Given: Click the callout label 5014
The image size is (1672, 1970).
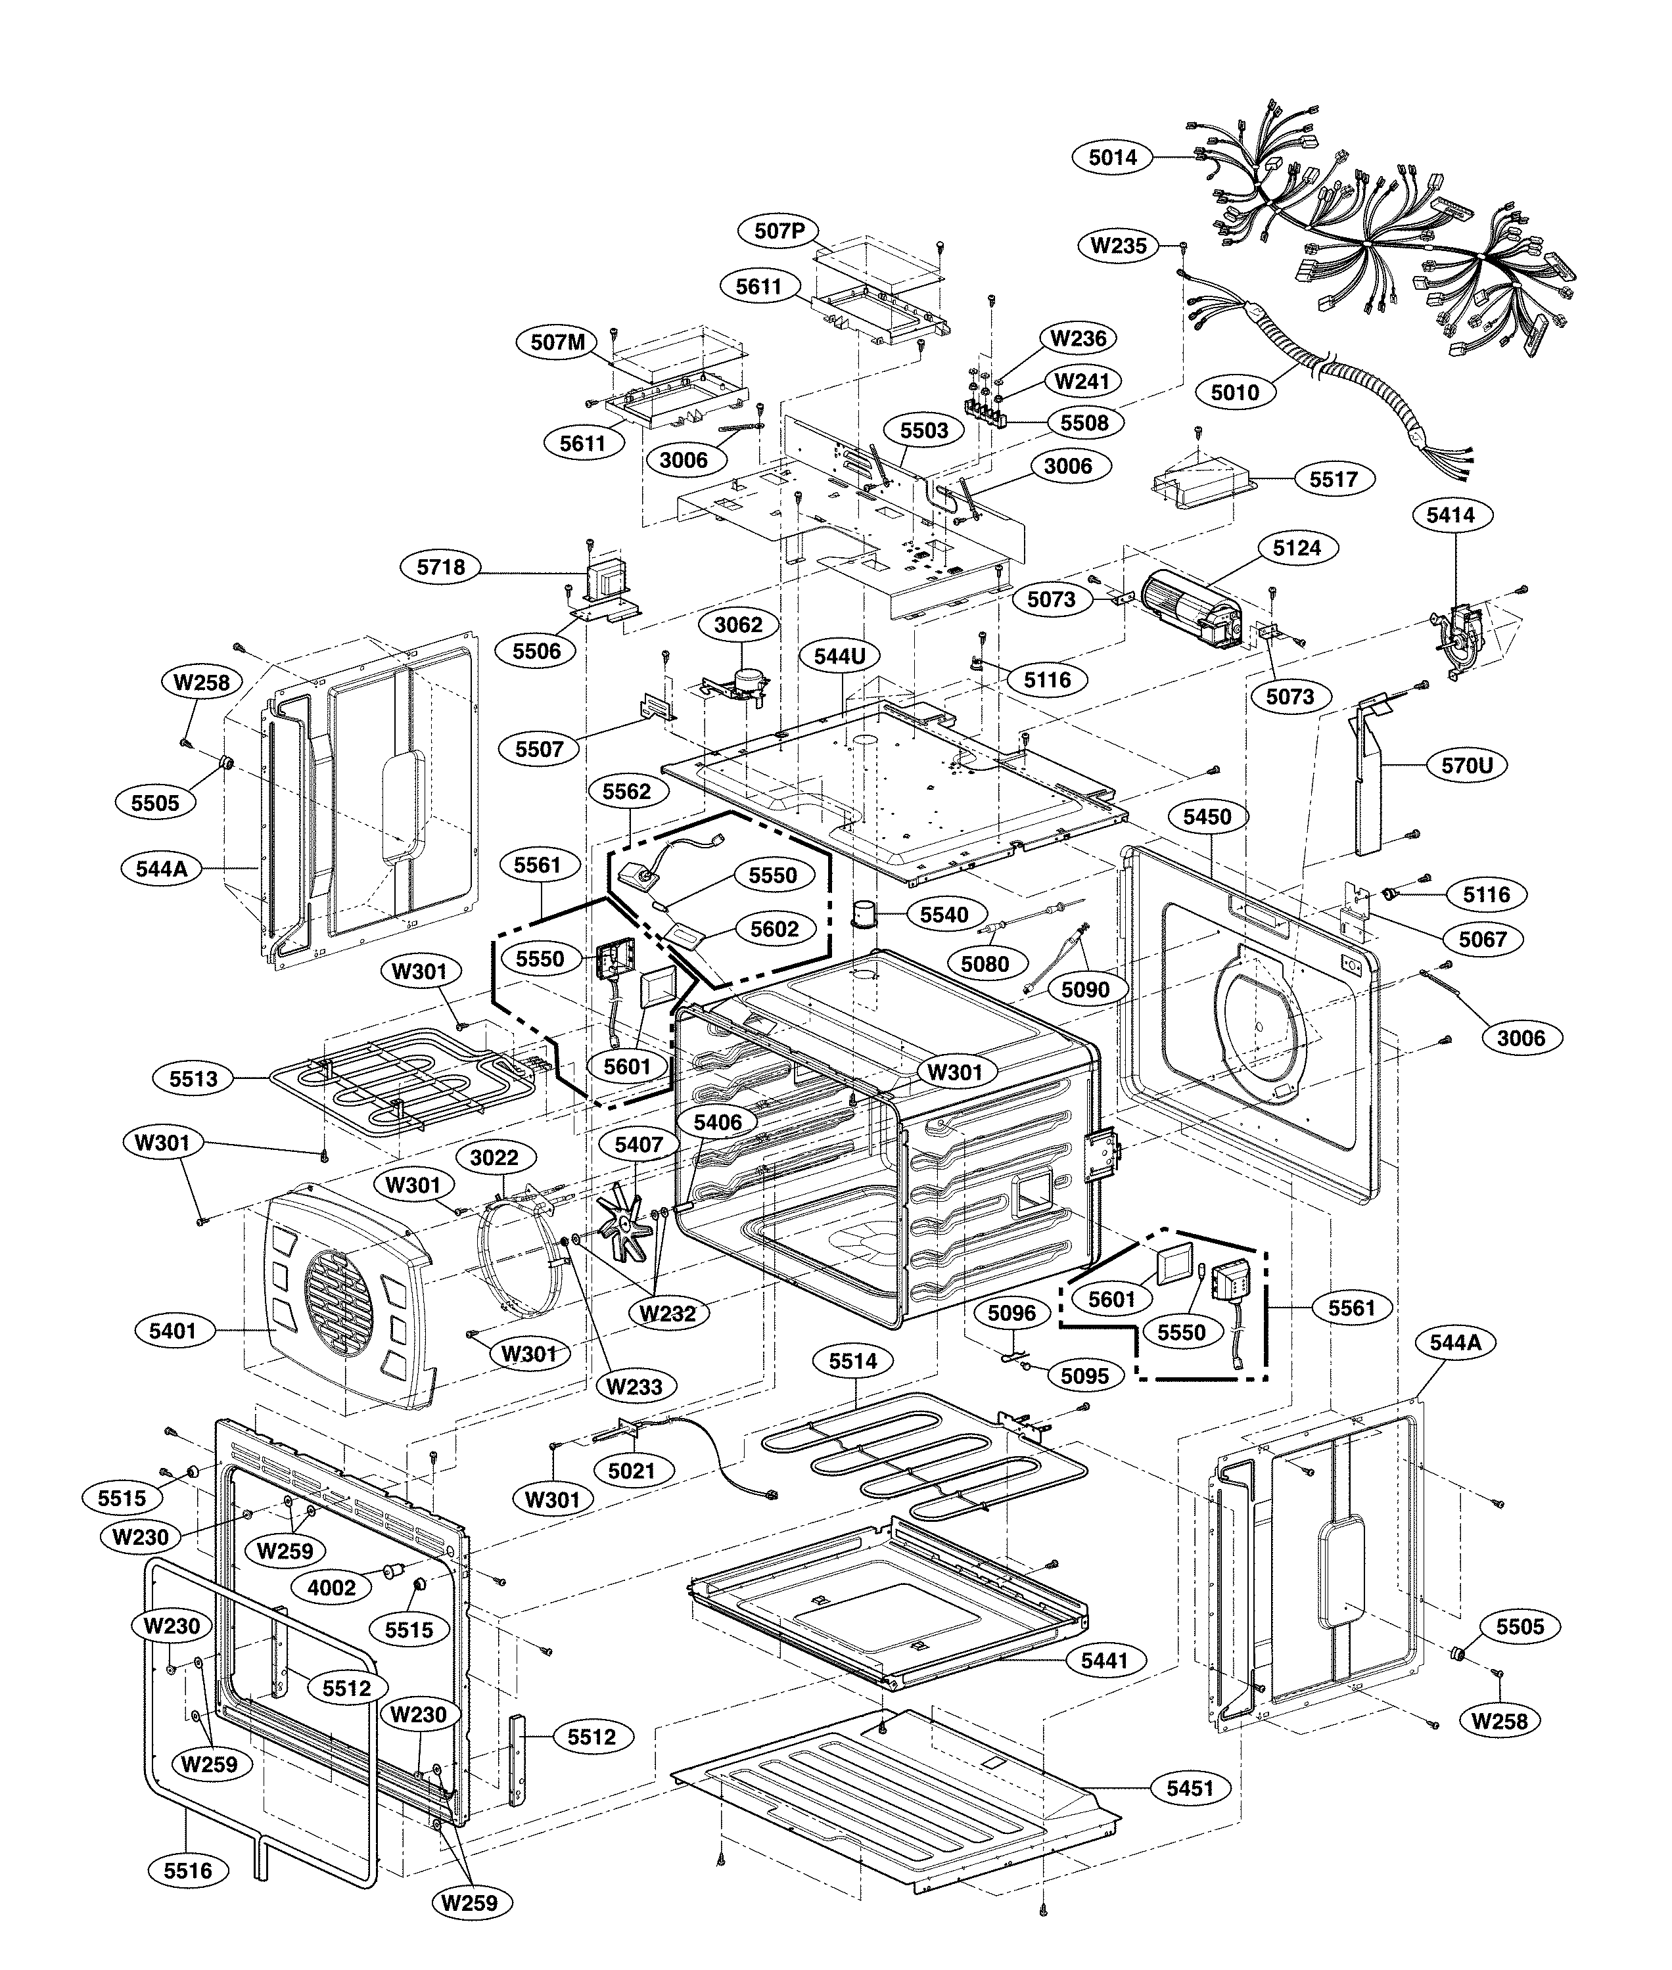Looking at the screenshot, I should tap(1112, 157).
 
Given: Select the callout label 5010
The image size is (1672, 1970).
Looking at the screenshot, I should tap(1234, 392).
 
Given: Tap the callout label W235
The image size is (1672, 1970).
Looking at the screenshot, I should tap(1119, 245).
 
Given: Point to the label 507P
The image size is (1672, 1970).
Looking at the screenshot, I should tap(778, 230).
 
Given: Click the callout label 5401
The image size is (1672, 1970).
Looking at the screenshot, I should tap(172, 1331).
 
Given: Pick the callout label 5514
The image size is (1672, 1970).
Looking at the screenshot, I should tap(853, 1362).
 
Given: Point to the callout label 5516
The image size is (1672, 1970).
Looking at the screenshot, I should tap(188, 1871).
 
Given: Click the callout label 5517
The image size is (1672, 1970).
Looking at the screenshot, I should tap(1333, 480).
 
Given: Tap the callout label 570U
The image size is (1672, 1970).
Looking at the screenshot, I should tap(1466, 765).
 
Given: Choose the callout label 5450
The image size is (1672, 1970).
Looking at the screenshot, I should tap(1207, 817).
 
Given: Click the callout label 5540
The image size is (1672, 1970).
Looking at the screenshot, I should tap(944, 915).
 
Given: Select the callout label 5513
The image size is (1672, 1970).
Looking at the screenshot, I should tap(193, 1078).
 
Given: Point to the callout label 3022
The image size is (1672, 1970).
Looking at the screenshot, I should tap(494, 1157).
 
